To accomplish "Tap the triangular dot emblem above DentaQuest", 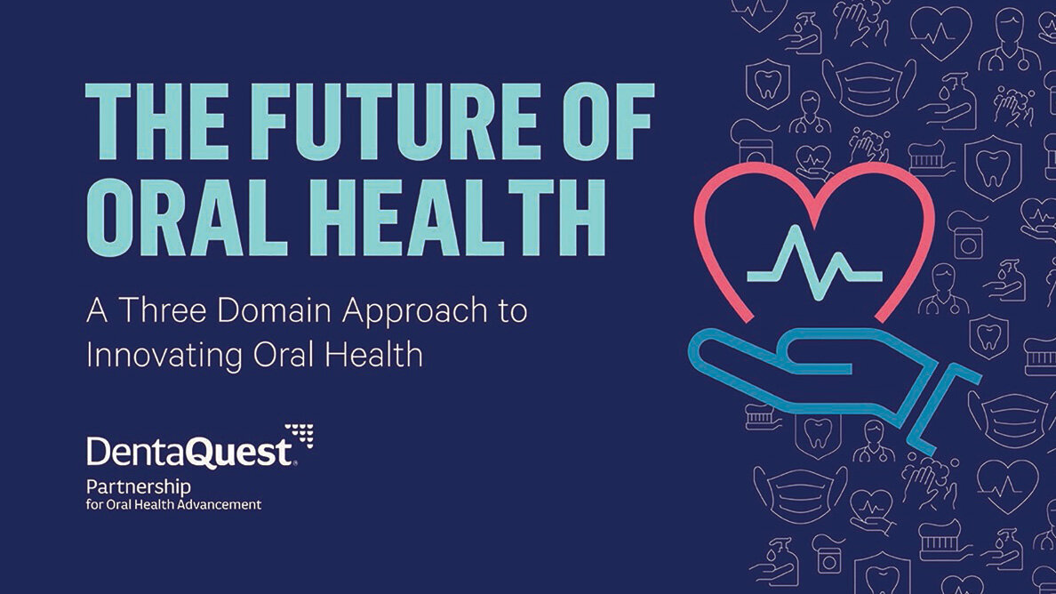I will (300, 434).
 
